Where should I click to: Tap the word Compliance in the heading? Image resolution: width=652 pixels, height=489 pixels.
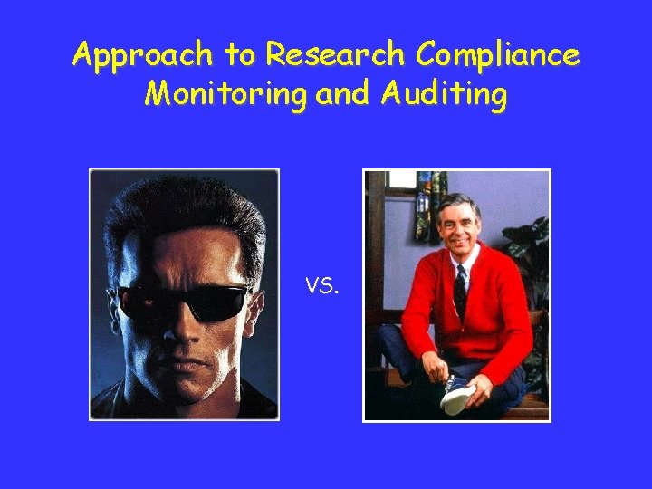click(x=497, y=56)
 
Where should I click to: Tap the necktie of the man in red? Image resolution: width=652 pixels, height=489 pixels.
click(x=460, y=289)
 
